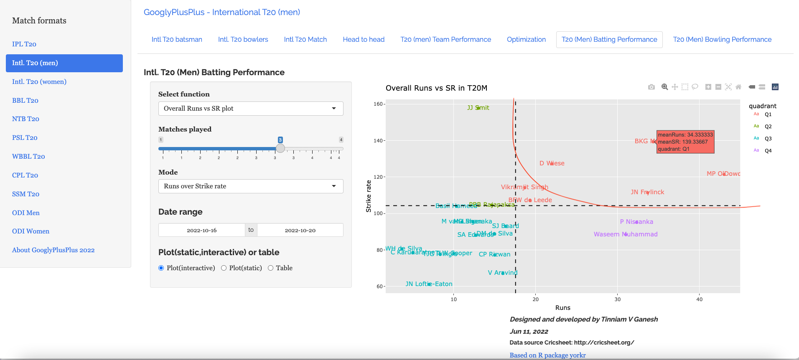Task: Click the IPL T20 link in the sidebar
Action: point(24,44)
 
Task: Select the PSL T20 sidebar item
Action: point(25,138)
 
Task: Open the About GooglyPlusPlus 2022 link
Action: point(53,250)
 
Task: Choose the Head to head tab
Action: point(364,40)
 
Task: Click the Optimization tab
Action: point(526,40)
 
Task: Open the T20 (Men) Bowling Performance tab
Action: point(722,40)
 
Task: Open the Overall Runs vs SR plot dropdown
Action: point(251,109)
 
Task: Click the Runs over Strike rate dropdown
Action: point(251,186)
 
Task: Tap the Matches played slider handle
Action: point(280,148)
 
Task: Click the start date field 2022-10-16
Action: point(201,230)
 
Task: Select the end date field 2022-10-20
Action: point(300,230)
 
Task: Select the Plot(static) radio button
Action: point(224,268)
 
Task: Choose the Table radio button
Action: point(271,268)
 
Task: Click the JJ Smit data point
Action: point(478,108)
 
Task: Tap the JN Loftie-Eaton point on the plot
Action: point(429,284)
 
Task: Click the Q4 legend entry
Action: point(768,151)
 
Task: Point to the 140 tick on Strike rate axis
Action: point(378,141)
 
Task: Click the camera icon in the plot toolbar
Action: point(651,87)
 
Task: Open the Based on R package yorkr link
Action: point(547,355)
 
